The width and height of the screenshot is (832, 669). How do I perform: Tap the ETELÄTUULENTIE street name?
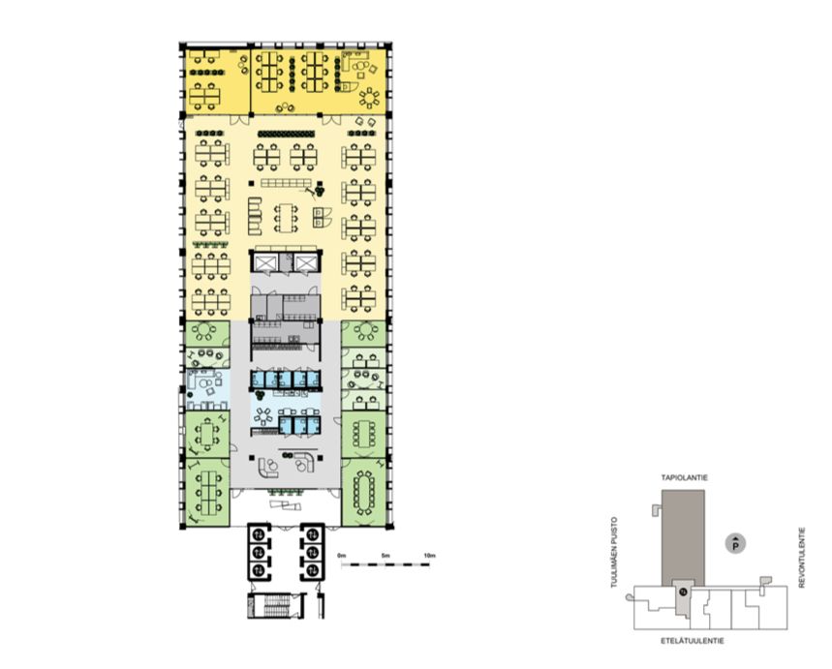click(x=692, y=641)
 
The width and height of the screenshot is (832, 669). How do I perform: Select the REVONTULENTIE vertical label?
click(x=802, y=557)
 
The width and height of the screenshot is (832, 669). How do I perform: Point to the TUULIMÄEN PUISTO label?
click(x=614, y=552)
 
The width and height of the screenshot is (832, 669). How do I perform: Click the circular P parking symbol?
click(x=735, y=544)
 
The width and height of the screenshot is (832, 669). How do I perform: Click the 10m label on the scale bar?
click(x=429, y=556)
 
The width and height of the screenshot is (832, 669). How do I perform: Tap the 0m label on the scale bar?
click(x=342, y=556)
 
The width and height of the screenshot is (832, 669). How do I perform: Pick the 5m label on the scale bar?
click(x=385, y=556)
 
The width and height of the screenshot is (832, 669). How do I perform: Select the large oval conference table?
click(x=364, y=493)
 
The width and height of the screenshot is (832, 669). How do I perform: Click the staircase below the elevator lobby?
click(x=276, y=606)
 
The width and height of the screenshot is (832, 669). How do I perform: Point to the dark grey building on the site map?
click(x=683, y=537)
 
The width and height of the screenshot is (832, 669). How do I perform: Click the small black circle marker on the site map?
click(x=684, y=591)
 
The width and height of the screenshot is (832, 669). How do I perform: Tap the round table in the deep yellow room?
click(x=369, y=98)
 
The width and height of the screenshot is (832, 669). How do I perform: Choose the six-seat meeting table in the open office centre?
click(x=287, y=218)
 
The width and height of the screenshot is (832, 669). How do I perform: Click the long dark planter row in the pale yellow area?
click(x=286, y=134)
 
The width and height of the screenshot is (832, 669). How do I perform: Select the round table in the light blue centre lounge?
click(x=263, y=415)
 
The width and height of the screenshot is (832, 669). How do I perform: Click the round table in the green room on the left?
click(x=203, y=331)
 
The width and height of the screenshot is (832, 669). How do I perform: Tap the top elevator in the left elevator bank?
click(x=258, y=533)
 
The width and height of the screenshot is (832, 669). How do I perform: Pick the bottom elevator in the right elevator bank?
click(x=313, y=570)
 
